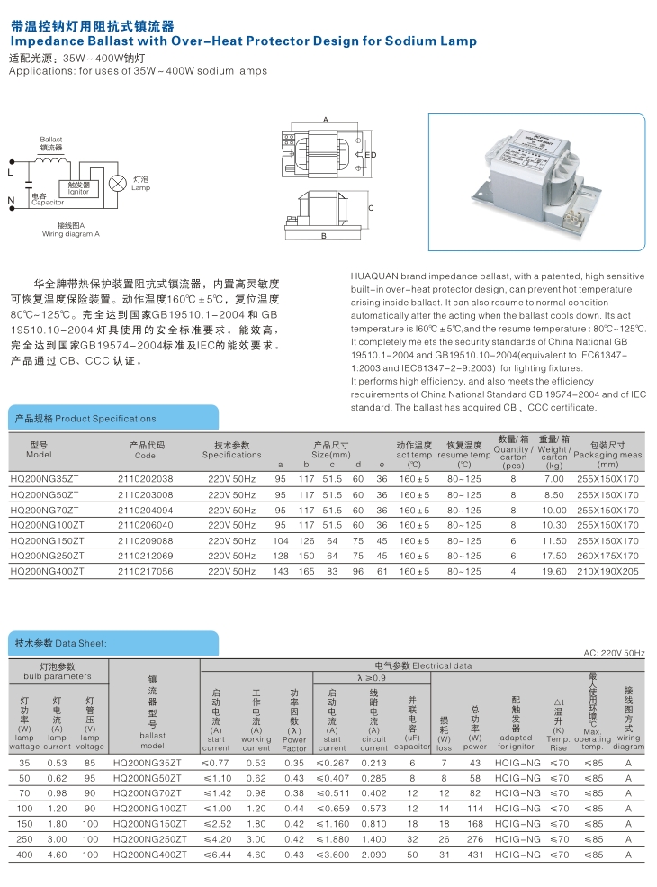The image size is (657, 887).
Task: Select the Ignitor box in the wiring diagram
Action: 78,187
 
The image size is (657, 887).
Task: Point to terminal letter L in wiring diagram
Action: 10,171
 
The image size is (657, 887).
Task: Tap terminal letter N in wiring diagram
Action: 11,199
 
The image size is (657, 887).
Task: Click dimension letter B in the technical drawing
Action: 323,236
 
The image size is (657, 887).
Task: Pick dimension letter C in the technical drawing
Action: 371,208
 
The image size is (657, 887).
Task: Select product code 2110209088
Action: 145,540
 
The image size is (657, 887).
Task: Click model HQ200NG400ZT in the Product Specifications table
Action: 47,571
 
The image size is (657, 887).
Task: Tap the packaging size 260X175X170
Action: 607,556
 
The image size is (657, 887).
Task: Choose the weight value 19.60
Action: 553,571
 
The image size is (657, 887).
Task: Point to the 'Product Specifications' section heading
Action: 85,419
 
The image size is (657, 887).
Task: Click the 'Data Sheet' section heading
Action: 61,644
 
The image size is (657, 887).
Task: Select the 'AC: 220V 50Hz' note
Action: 615,653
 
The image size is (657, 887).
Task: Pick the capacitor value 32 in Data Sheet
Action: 412,837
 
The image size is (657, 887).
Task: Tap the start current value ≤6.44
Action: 215,853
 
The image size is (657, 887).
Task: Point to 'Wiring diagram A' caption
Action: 70,234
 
